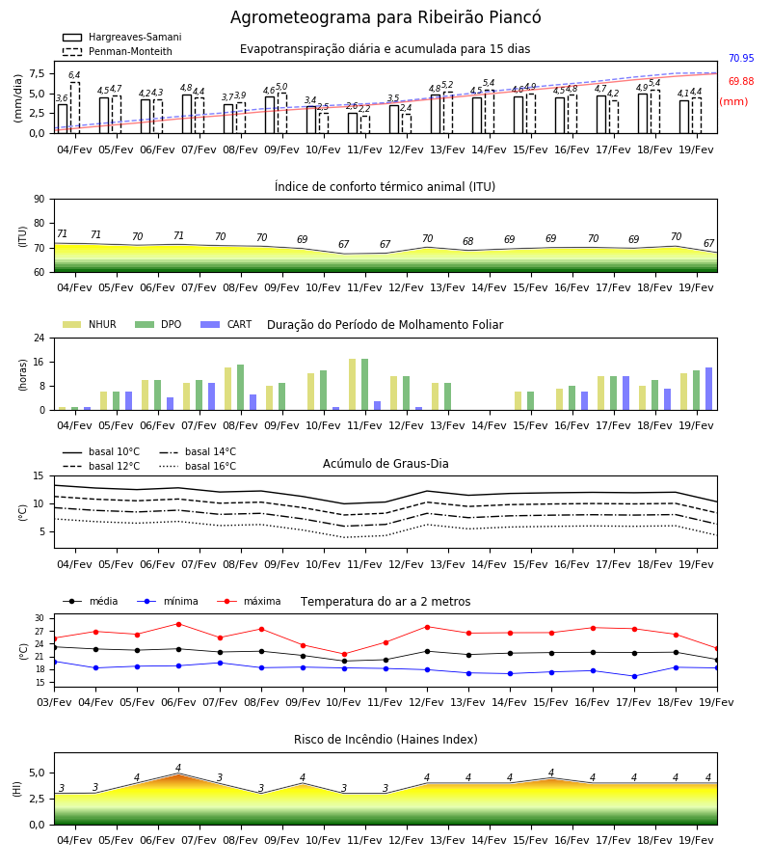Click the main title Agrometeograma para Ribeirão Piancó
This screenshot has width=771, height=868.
385,17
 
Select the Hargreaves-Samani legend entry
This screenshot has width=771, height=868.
121,37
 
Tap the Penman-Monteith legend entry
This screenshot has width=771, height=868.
118,51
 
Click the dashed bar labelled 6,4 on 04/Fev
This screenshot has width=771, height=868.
74,108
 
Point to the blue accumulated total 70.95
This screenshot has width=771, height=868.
741,58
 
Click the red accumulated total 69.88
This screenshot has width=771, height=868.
741,81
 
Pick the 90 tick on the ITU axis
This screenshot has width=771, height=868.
40,200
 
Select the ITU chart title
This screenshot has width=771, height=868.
385,186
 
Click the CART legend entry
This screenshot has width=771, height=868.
226,324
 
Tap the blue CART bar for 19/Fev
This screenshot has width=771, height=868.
708,389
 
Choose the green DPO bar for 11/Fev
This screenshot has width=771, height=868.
364,385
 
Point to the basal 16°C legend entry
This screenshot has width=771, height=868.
198,466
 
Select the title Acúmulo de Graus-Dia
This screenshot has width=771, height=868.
385,463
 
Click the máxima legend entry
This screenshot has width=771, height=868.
249,601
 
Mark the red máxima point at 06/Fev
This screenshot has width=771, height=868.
178,624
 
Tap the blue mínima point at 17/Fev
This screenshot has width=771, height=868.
634,676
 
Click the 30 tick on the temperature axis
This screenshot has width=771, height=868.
40,618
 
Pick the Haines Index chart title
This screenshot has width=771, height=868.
385,739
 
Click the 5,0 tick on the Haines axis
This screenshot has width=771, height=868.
37,773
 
